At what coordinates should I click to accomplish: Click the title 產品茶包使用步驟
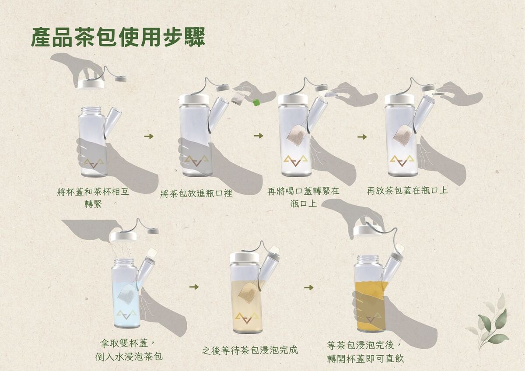pyautogui.click(x=118, y=37)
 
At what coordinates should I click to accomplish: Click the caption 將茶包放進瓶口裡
pyautogui.click(x=196, y=193)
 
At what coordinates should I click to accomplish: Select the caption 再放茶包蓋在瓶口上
pyautogui.click(x=407, y=191)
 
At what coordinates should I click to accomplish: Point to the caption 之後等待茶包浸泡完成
pyautogui.click(x=250, y=350)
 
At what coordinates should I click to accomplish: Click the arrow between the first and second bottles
pyautogui.click(x=149, y=136)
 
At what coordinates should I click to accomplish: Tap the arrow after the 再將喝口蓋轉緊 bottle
pyautogui.click(x=362, y=137)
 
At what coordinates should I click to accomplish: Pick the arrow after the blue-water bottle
pyautogui.click(x=194, y=287)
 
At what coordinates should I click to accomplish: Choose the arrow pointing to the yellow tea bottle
pyautogui.click(x=309, y=287)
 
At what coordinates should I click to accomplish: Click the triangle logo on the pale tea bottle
pyautogui.click(x=247, y=318)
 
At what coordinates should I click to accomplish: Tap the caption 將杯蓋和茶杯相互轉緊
pyautogui.click(x=93, y=199)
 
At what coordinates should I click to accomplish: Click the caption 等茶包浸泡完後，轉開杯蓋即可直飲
pyautogui.click(x=365, y=352)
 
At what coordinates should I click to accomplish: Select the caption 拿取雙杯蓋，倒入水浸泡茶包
pyautogui.click(x=129, y=350)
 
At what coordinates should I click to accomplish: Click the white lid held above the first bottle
pyautogui.click(x=91, y=84)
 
